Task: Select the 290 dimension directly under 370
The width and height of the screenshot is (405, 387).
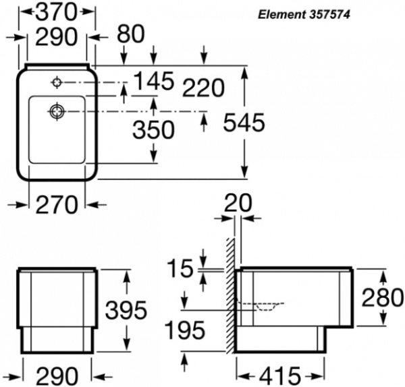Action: point(57,38)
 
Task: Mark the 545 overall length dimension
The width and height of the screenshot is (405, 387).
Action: point(242,123)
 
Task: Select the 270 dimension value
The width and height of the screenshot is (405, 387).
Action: point(57,203)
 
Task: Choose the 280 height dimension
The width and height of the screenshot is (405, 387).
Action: point(381,297)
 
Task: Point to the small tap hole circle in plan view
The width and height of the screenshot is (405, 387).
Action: point(57,83)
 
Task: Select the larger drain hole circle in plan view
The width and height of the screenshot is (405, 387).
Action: point(57,111)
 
